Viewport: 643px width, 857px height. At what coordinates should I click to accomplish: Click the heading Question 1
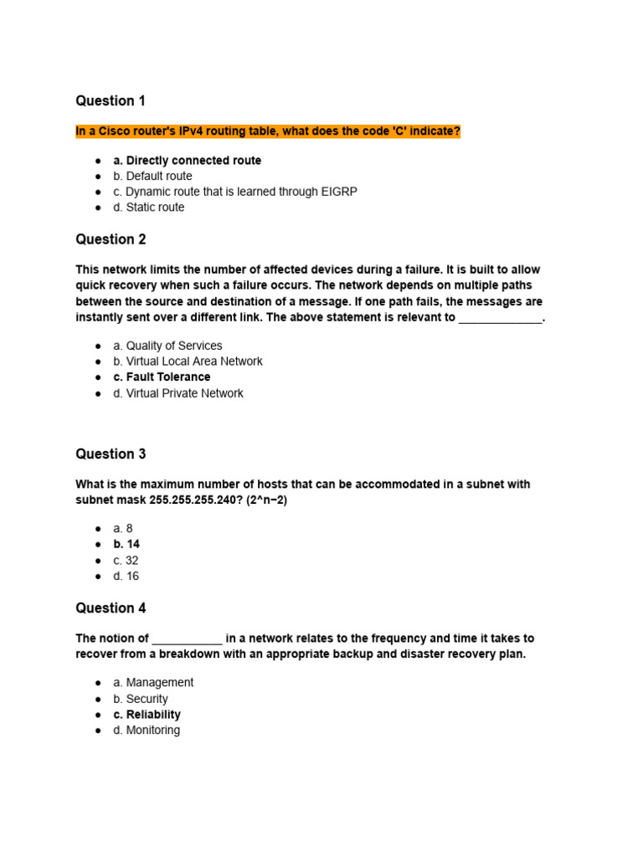(111, 101)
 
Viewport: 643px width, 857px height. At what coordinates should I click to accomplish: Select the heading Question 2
(111, 239)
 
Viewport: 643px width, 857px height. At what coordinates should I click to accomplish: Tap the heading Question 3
(111, 454)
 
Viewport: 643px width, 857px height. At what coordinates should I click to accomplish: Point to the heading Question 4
(111, 608)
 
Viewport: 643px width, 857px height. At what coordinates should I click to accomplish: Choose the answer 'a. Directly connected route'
(187, 161)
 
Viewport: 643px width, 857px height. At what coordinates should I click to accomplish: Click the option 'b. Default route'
(152, 177)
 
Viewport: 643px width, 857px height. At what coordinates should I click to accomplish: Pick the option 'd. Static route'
(149, 208)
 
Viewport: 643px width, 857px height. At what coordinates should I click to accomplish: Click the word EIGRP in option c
(339, 192)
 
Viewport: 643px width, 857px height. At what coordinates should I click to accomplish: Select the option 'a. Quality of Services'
(167, 346)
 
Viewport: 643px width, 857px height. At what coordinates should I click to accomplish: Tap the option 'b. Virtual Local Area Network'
(188, 362)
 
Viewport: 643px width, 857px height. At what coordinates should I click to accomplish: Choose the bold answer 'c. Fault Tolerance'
(162, 377)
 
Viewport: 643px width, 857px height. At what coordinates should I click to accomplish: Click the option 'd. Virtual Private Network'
(178, 393)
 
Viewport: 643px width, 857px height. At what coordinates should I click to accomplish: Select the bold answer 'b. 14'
(126, 545)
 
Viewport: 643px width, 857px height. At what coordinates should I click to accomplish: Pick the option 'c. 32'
(126, 561)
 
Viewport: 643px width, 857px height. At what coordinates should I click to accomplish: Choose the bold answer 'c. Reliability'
(147, 715)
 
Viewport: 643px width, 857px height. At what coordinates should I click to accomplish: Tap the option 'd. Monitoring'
(147, 731)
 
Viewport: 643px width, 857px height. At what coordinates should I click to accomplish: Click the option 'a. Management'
(153, 683)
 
